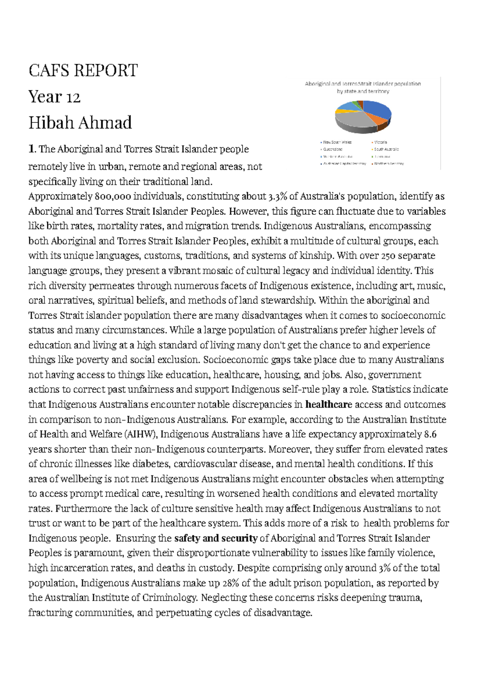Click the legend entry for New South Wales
point(337,142)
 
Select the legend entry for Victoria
point(380,142)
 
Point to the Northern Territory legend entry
point(389,164)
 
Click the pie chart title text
point(363,88)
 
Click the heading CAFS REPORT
point(83,71)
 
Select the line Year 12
point(55,97)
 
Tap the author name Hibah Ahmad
point(80,123)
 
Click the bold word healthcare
point(329,405)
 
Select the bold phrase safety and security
point(216,538)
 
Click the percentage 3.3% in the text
point(277,197)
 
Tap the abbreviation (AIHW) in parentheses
point(141,434)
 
